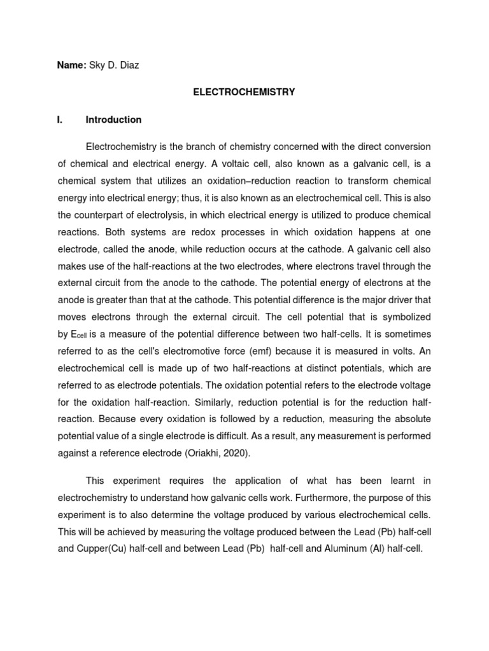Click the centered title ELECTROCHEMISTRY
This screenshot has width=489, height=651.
(x=244, y=92)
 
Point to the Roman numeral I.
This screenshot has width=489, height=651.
(x=59, y=120)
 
